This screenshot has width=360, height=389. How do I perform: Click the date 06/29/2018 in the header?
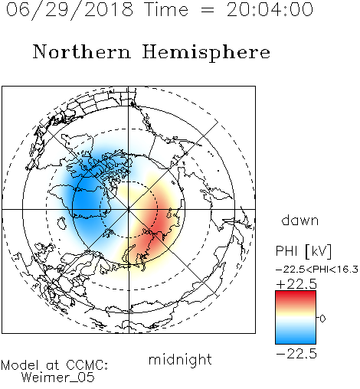tap(70, 10)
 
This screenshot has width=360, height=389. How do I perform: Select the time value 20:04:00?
tap(270, 10)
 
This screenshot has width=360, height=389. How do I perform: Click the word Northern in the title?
tap(82, 51)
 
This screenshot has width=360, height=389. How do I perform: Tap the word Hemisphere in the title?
tap(206, 52)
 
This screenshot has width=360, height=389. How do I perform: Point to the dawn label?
tap(300, 220)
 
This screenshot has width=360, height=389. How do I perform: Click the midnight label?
tap(180, 360)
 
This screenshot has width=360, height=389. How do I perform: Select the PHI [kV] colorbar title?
tap(303, 251)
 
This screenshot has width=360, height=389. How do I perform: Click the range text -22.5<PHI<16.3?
tap(317, 270)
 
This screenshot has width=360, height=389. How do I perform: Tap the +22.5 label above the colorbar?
tap(296, 284)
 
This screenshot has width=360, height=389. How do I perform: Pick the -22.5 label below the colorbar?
tap(296, 354)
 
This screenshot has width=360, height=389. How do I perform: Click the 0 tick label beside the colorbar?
tap(322, 319)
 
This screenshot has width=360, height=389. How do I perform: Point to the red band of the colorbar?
tap(296, 297)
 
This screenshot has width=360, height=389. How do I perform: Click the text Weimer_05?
tap(58, 377)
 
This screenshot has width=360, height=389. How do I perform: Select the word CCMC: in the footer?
tap(87, 365)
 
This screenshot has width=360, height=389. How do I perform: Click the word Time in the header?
tap(166, 10)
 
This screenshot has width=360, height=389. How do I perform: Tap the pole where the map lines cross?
tap(129, 209)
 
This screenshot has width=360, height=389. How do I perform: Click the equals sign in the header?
tap(208, 10)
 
